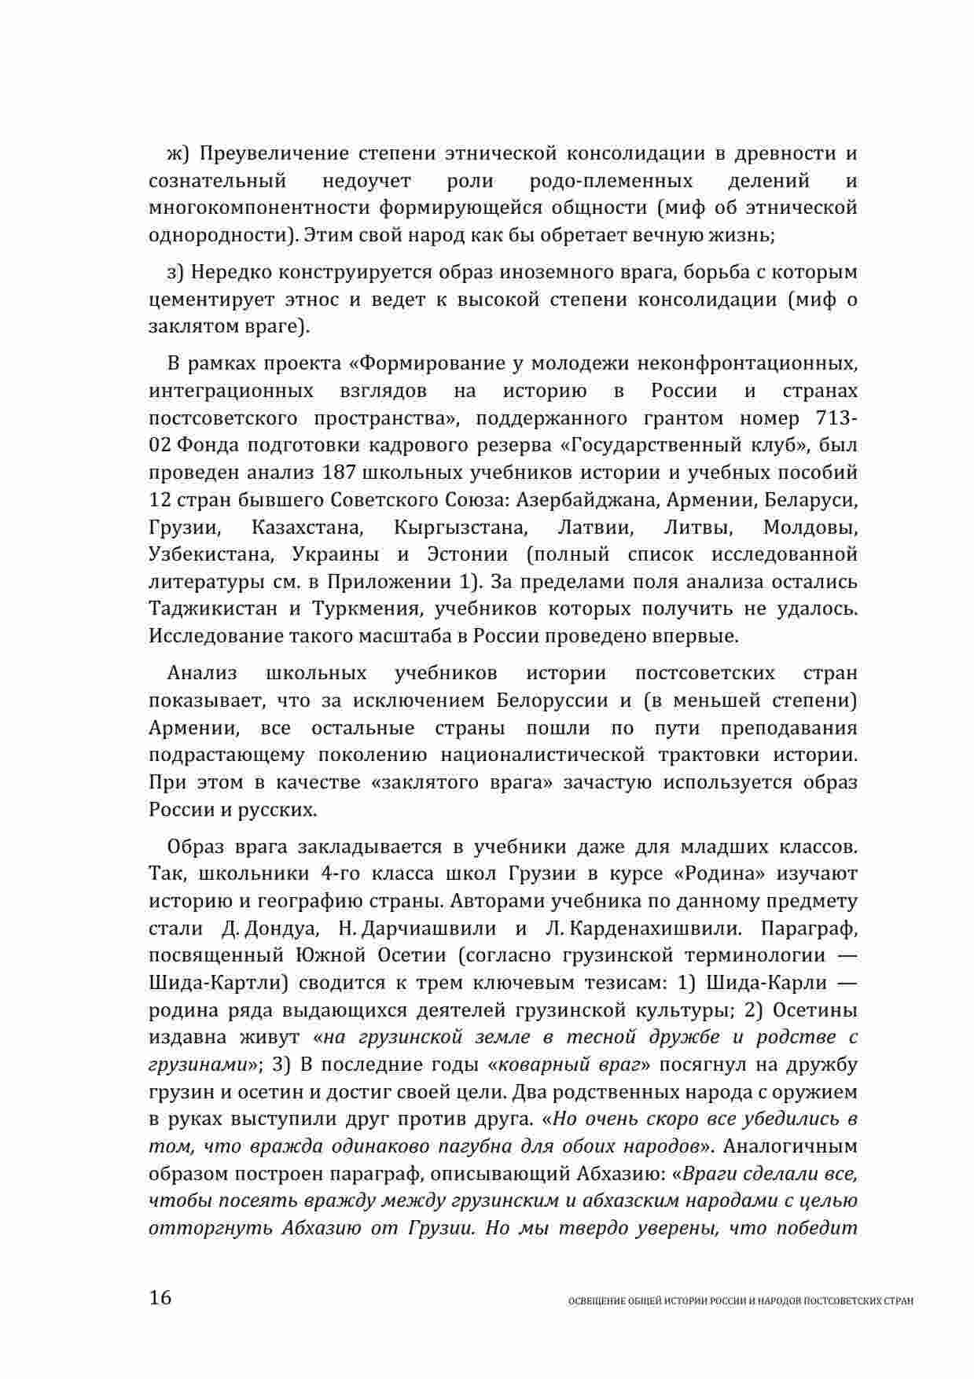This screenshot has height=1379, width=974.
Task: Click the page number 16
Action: (x=160, y=1297)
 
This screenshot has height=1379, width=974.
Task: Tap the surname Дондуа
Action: (x=281, y=929)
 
